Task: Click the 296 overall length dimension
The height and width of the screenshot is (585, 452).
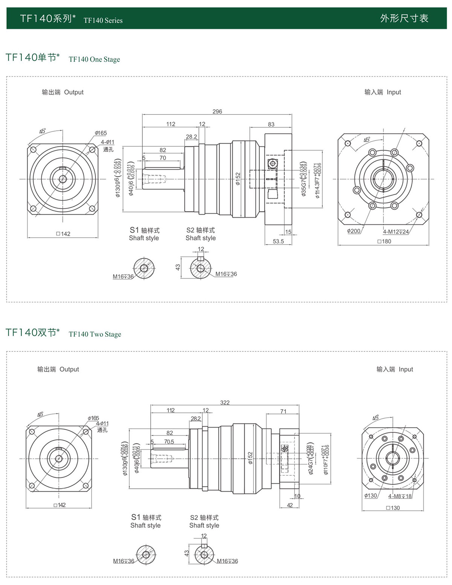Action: [217, 112]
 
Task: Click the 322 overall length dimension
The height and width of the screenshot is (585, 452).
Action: [224, 402]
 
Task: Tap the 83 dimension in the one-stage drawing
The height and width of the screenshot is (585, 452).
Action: [271, 124]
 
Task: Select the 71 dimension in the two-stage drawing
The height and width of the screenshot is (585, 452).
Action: [283, 411]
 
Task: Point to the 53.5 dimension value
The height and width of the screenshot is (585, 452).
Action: [278, 241]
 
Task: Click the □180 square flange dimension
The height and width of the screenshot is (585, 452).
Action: [384, 241]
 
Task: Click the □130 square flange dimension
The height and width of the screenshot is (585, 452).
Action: [393, 508]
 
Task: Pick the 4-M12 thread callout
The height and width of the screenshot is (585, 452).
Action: [396, 232]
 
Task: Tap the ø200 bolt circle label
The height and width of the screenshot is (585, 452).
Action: [354, 231]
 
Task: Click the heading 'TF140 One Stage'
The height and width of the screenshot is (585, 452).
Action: [94, 60]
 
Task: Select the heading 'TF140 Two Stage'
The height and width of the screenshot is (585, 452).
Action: [95, 335]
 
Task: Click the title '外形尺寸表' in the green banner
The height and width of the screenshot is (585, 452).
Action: [404, 18]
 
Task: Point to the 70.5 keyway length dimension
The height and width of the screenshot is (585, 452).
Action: [169, 441]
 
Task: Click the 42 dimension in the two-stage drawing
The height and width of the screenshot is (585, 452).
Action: [290, 505]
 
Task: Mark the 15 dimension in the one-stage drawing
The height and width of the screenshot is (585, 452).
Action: [288, 232]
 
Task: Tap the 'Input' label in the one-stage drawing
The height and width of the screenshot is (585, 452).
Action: [394, 92]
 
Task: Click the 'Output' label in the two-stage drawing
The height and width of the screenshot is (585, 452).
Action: [69, 370]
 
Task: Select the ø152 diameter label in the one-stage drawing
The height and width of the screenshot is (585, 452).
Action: [238, 179]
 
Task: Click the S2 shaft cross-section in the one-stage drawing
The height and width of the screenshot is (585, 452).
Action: [200, 269]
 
